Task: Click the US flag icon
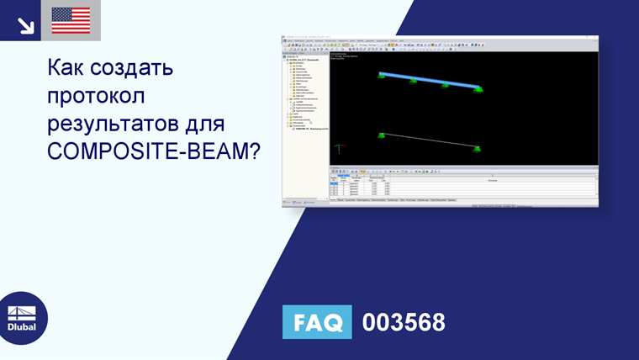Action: (71, 20)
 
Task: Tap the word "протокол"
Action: (98, 98)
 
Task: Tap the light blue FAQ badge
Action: (317, 322)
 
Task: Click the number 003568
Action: (403, 322)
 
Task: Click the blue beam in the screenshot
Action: (429, 80)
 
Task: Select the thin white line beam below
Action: (429, 140)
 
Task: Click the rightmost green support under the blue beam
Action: (478, 89)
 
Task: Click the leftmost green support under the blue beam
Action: (382, 77)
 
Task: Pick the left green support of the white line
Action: (382, 135)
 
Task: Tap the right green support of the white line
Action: (478, 149)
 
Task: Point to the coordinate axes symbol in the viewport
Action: (338, 150)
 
